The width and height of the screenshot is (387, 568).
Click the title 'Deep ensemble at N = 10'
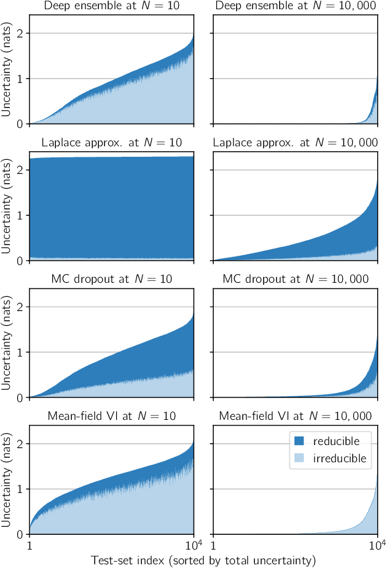112,7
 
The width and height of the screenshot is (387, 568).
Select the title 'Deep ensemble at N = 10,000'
295,7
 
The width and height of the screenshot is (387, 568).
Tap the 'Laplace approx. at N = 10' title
112,143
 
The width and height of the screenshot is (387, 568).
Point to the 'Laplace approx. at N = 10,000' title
295,143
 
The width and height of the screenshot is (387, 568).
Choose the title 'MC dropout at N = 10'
112,280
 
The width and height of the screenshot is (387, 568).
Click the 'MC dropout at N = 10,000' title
295,280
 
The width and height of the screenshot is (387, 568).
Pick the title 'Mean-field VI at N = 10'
112,416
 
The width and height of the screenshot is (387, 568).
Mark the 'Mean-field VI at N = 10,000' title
295,416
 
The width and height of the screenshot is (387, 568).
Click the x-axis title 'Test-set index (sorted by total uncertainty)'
203,559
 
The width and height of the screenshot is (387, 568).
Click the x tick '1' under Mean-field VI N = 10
29,545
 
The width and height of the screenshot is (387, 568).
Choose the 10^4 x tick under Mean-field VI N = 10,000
377,544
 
